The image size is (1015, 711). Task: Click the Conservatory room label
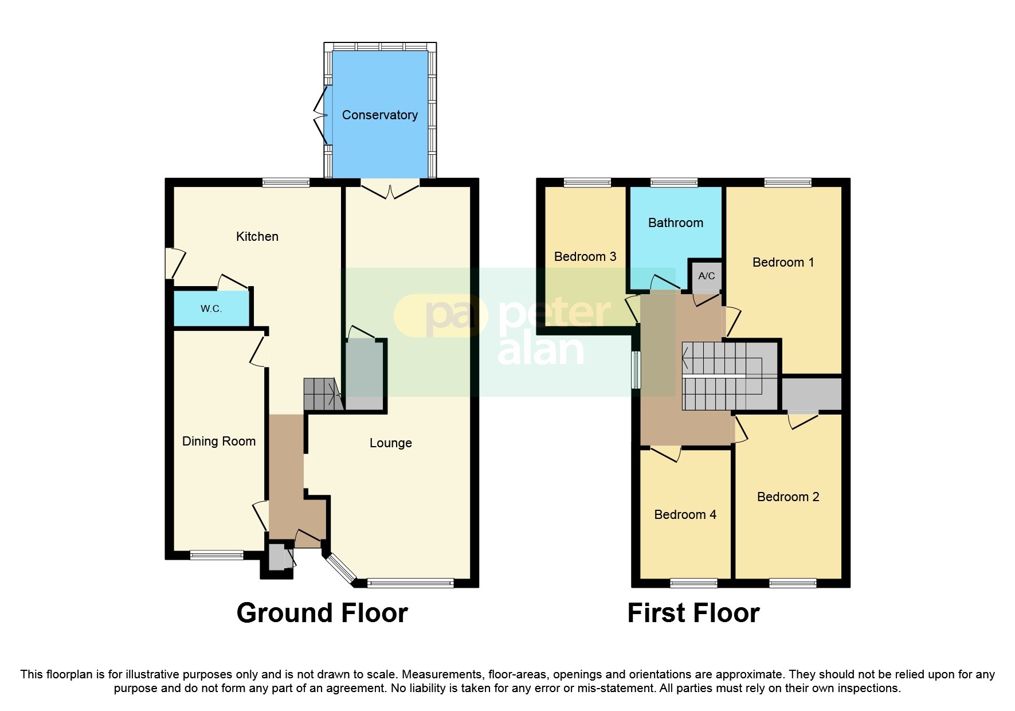(379, 115)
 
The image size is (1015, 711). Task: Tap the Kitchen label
(257, 236)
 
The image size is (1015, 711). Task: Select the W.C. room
(211, 308)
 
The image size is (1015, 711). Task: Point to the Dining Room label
(218, 441)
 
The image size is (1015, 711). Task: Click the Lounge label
(390, 443)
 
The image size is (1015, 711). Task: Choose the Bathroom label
(675, 222)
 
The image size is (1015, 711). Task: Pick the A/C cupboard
(706, 276)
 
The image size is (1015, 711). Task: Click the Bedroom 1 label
(783, 262)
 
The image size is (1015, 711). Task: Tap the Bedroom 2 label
(788, 497)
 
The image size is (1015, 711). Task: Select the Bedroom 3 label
(585, 256)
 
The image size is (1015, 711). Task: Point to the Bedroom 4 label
(685, 514)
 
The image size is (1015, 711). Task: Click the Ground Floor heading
(322, 613)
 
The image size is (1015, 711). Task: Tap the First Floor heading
(693, 613)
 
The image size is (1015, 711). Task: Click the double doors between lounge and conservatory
(390, 189)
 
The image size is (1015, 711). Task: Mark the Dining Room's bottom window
(217, 554)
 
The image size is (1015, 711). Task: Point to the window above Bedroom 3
(587, 183)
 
